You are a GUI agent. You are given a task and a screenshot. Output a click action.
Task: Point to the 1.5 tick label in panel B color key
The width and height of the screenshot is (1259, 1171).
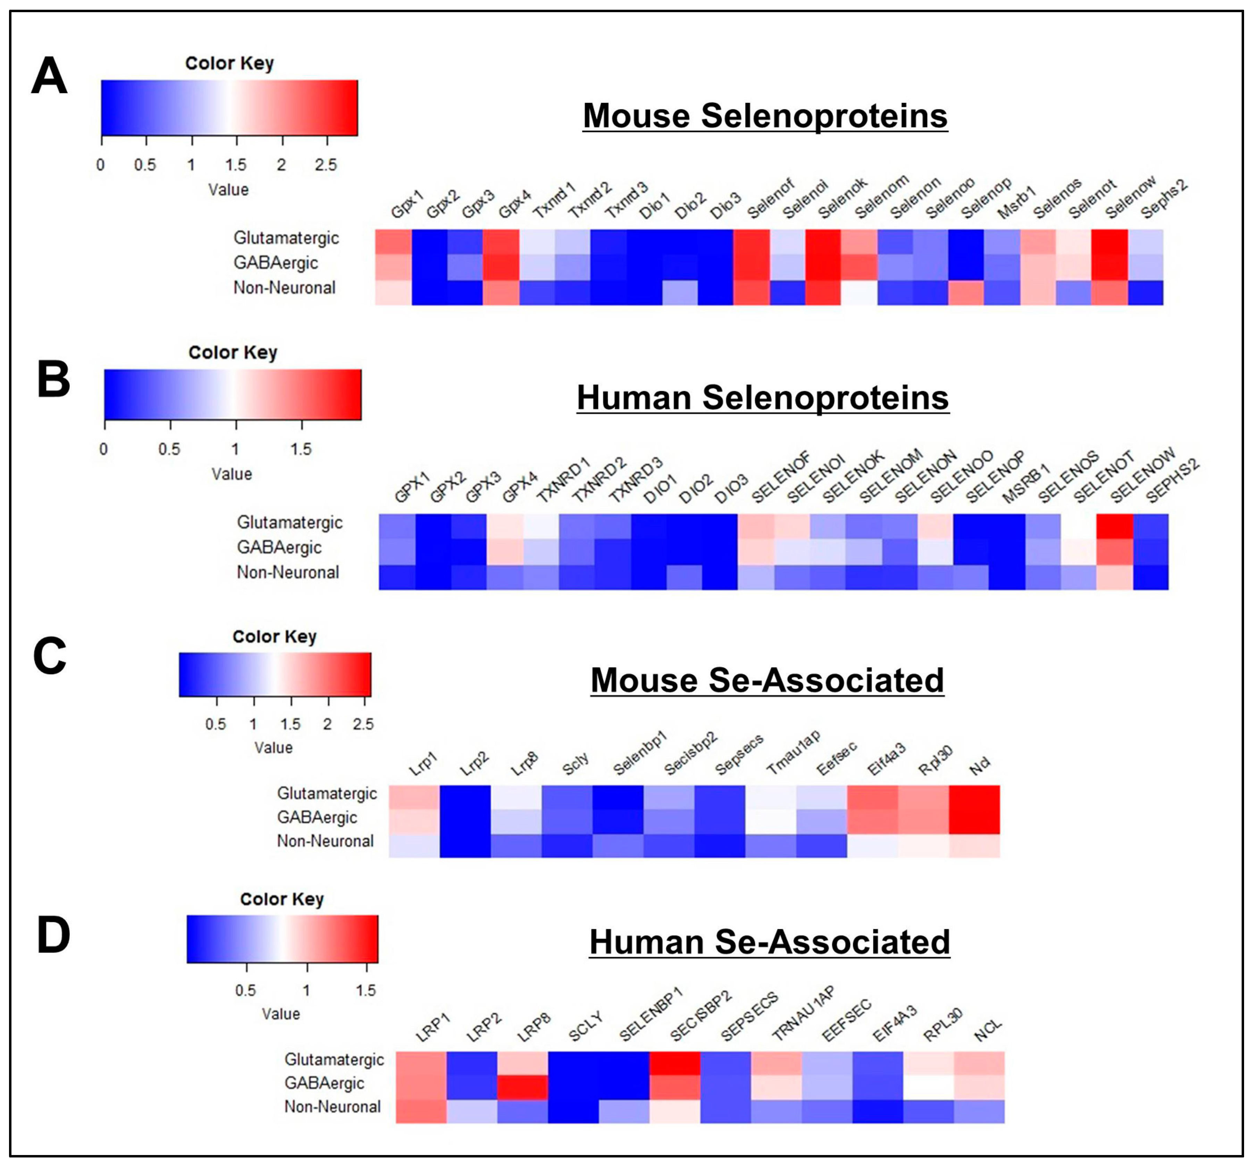pos(301,449)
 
